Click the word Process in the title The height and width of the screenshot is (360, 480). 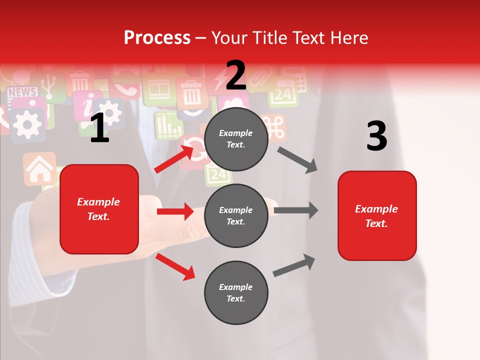coord(157,37)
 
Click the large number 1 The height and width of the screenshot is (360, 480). coord(99,128)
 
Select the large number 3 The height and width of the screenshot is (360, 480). coord(376,136)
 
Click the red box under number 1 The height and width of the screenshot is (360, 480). coord(99,209)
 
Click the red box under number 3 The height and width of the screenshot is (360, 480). coord(377,215)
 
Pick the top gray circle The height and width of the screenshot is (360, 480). coord(236,139)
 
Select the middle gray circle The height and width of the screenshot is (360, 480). coord(236,215)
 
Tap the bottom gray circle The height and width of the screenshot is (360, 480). coord(236,292)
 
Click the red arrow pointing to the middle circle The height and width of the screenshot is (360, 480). coord(175,211)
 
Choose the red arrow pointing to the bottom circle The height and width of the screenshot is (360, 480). coord(175,266)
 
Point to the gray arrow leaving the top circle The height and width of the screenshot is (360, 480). coord(297,159)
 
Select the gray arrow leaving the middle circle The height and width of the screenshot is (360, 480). coord(296,210)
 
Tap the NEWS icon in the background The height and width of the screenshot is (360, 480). coord(22,92)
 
